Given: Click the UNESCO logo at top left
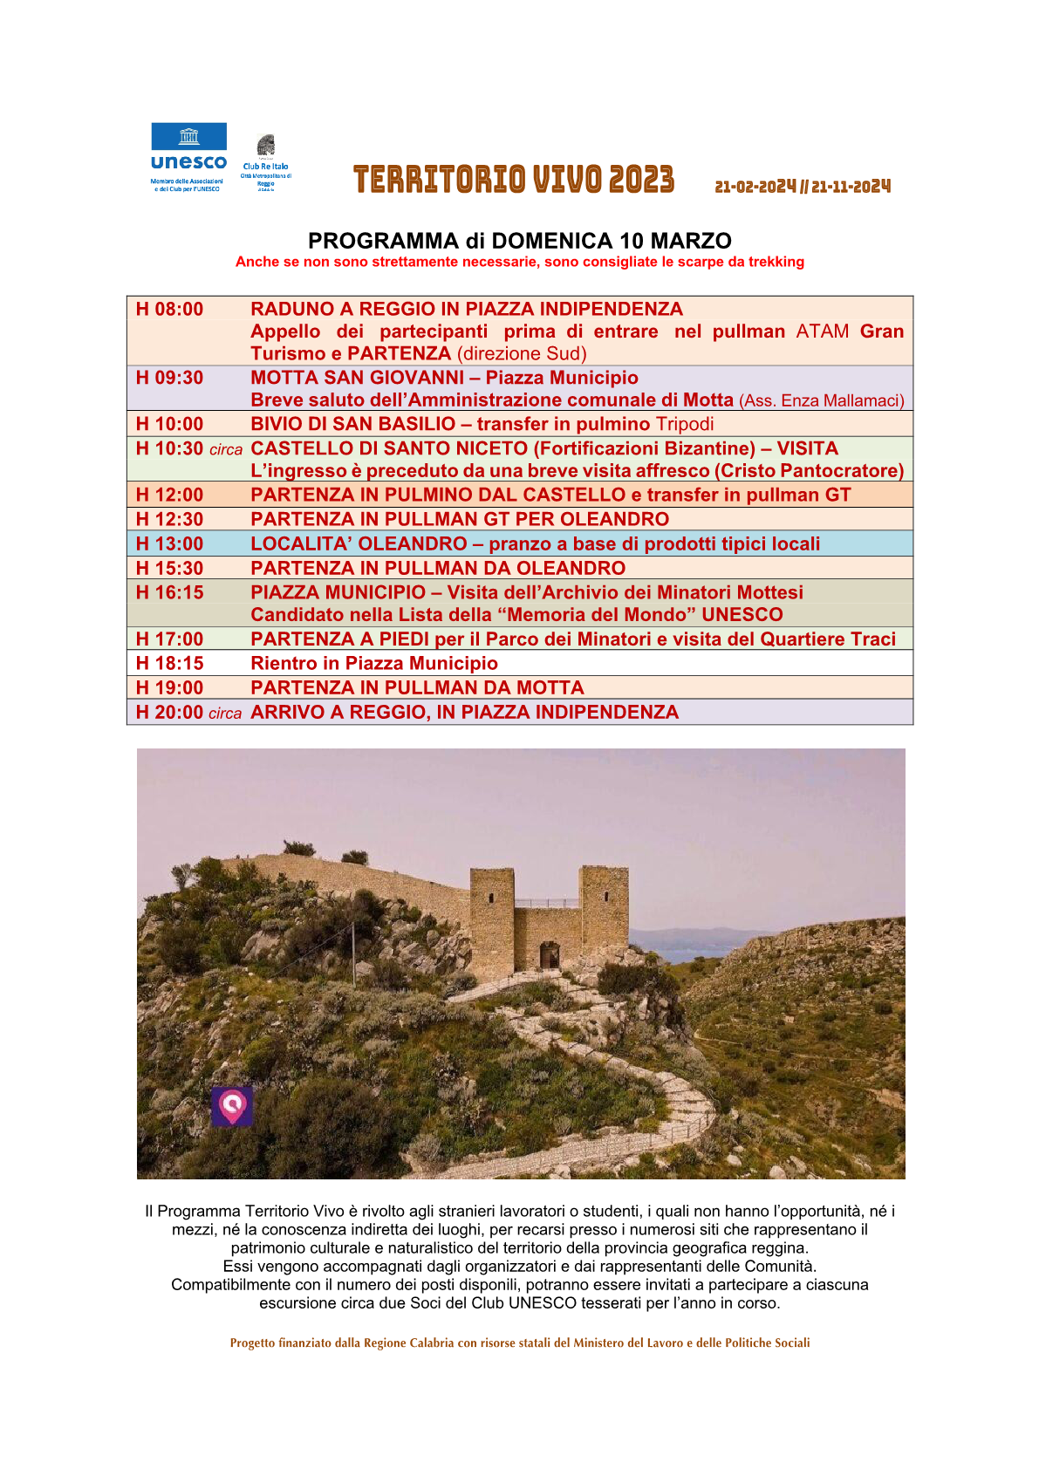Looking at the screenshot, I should tap(188, 156).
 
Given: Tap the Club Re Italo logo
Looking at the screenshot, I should tap(266, 161).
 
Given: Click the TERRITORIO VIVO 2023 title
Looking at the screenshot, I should tap(514, 180).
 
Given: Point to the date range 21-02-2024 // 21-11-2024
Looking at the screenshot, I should tap(803, 187).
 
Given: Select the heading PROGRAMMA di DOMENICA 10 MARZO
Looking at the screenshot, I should tap(520, 241).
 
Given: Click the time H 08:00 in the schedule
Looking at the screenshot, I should tap(170, 310).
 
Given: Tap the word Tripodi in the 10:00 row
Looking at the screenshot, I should tap(685, 425).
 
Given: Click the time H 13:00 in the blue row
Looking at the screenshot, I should tap(170, 544).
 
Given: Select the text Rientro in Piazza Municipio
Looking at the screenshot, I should tap(374, 664).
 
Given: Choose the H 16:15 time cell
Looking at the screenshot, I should tap(170, 593).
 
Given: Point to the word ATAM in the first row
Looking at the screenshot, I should tap(823, 332).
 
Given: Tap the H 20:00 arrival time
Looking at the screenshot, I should tap(170, 713).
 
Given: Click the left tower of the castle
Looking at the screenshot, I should tap(492, 912).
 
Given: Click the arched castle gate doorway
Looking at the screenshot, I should tap(549, 955).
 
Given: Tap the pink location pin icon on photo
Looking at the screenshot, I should tap(232, 1106).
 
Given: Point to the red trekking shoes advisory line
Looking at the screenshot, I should tap(520, 263).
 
